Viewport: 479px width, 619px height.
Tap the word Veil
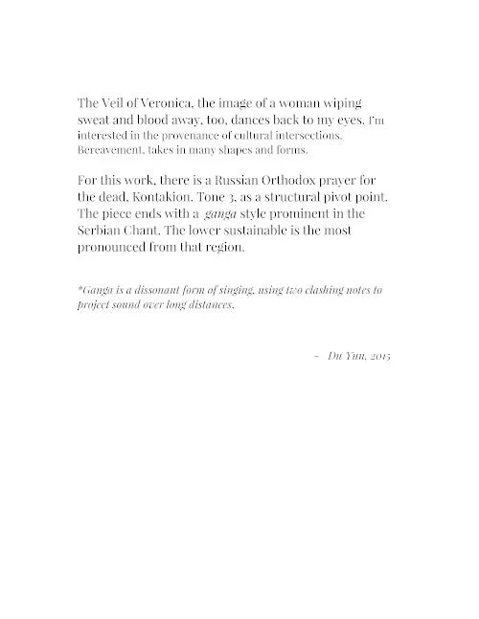tap(116, 103)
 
